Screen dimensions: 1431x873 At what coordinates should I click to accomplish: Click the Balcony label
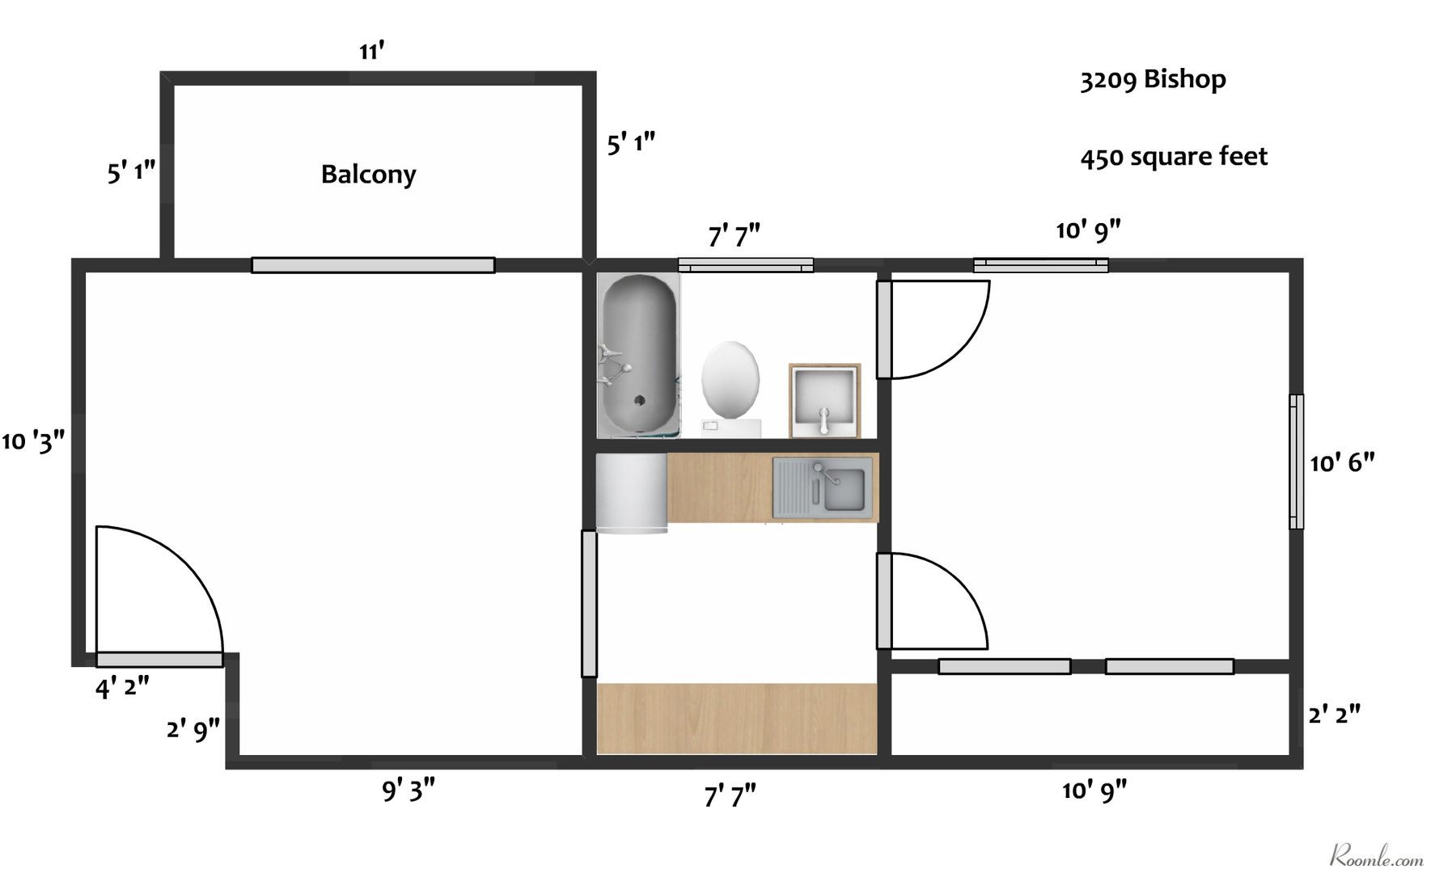(368, 175)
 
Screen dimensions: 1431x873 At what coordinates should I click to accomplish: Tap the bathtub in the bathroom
(638, 356)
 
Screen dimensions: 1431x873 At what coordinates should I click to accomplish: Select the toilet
(730, 389)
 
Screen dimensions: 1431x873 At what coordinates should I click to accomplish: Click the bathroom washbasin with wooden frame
(824, 401)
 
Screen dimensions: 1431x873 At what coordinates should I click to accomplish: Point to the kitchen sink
(823, 487)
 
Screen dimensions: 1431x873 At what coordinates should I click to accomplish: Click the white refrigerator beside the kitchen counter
(632, 493)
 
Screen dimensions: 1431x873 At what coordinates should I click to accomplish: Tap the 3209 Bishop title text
(1153, 80)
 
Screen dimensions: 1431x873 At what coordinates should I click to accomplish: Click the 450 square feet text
(1174, 157)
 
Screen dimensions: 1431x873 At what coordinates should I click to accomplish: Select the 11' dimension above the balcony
(371, 52)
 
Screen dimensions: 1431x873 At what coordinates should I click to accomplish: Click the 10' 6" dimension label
(1343, 462)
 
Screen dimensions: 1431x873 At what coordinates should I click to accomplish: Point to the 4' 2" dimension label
(122, 688)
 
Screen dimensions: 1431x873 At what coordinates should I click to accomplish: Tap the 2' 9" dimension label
(193, 730)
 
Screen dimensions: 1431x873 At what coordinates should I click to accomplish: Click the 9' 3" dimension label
(409, 790)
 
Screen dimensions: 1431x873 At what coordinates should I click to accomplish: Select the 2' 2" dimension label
(1335, 715)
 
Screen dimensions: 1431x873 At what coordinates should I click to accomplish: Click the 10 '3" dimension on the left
(33, 441)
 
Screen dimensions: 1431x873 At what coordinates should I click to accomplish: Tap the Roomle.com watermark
(1376, 854)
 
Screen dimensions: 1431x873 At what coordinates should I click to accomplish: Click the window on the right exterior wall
(1296, 462)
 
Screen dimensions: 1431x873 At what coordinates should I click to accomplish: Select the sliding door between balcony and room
(373, 265)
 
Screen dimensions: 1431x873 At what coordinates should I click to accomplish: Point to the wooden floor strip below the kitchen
(737, 719)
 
